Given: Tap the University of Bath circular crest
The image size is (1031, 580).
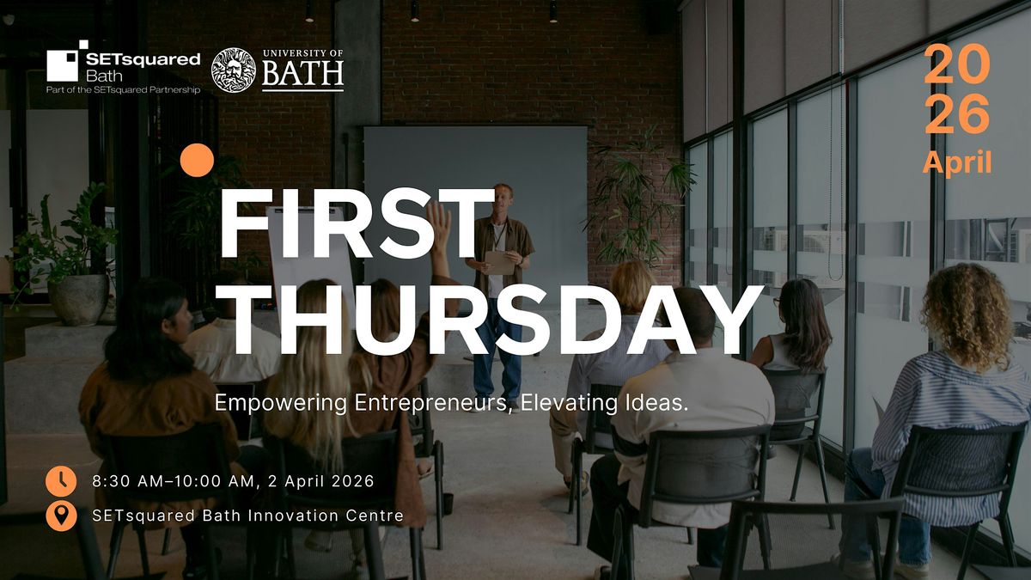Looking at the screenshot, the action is pos(234,70).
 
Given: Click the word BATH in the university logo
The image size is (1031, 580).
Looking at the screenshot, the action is pos(302,74).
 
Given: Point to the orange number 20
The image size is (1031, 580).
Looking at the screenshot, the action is pos(957,64).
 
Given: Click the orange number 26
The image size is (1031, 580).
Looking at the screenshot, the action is pos(957,113).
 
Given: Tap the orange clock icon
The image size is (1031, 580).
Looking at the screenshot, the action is pos(61,481).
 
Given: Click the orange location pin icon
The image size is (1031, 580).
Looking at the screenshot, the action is pos(61,516).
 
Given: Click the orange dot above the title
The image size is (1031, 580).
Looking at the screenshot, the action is pos(197,160).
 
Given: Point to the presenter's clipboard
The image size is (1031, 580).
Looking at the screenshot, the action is pos(500,262).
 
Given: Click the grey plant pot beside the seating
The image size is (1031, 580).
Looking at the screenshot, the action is pos(79,300).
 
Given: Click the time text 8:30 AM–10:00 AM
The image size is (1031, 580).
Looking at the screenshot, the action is pos(173,481).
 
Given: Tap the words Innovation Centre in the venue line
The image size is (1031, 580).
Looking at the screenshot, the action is pos(326,516).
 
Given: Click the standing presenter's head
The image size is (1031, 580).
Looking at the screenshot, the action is pos(503,198).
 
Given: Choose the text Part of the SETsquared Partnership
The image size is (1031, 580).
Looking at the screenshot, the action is pos(124,89).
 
